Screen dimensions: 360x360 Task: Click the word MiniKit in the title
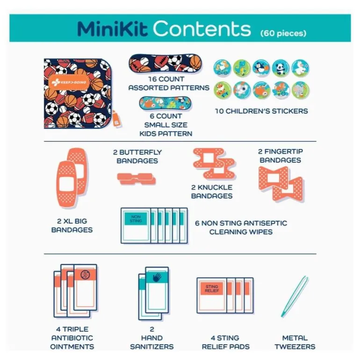pyautogui.click(x=112, y=29)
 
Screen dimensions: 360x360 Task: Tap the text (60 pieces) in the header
pyautogui.click(x=283, y=33)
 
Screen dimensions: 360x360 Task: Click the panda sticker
pyautogui.click(x=281, y=68)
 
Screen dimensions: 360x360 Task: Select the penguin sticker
pyautogui.click(x=261, y=68)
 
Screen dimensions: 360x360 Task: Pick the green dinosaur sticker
pyautogui.click(x=242, y=68)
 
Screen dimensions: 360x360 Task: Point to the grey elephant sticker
pyautogui.click(x=300, y=90)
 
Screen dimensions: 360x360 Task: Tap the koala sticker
pyautogui.click(x=242, y=90)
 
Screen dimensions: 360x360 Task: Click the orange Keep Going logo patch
pyautogui.click(x=69, y=82)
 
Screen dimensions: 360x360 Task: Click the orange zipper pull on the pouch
pyautogui.click(x=116, y=119)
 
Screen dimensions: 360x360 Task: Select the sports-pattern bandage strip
pyautogui.click(x=166, y=63)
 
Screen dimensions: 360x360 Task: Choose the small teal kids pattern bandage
pyautogui.click(x=166, y=103)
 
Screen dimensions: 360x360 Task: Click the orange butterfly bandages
pyautogui.click(x=137, y=179)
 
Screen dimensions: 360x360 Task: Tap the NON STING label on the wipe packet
pyautogui.click(x=136, y=219)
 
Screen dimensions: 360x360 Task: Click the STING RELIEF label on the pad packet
pyautogui.click(x=212, y=288)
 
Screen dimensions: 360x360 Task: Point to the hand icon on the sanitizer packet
pyautogui.click(x=157, y=277)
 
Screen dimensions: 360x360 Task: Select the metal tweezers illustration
pyautogui.click(x=295, y=296)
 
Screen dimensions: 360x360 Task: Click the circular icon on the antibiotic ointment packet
pyautogui.click(x=85, y=274)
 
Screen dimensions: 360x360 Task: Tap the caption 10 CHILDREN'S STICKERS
pyautogui.click(x=261, y=111)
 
